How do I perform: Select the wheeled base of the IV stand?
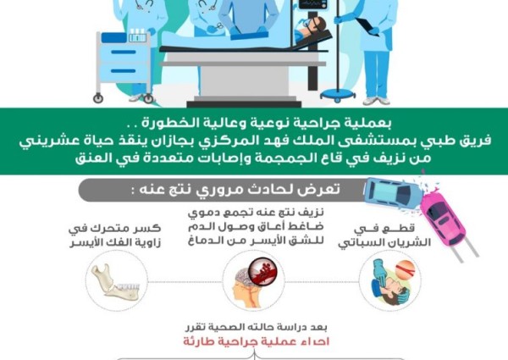(x=336, y=91)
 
